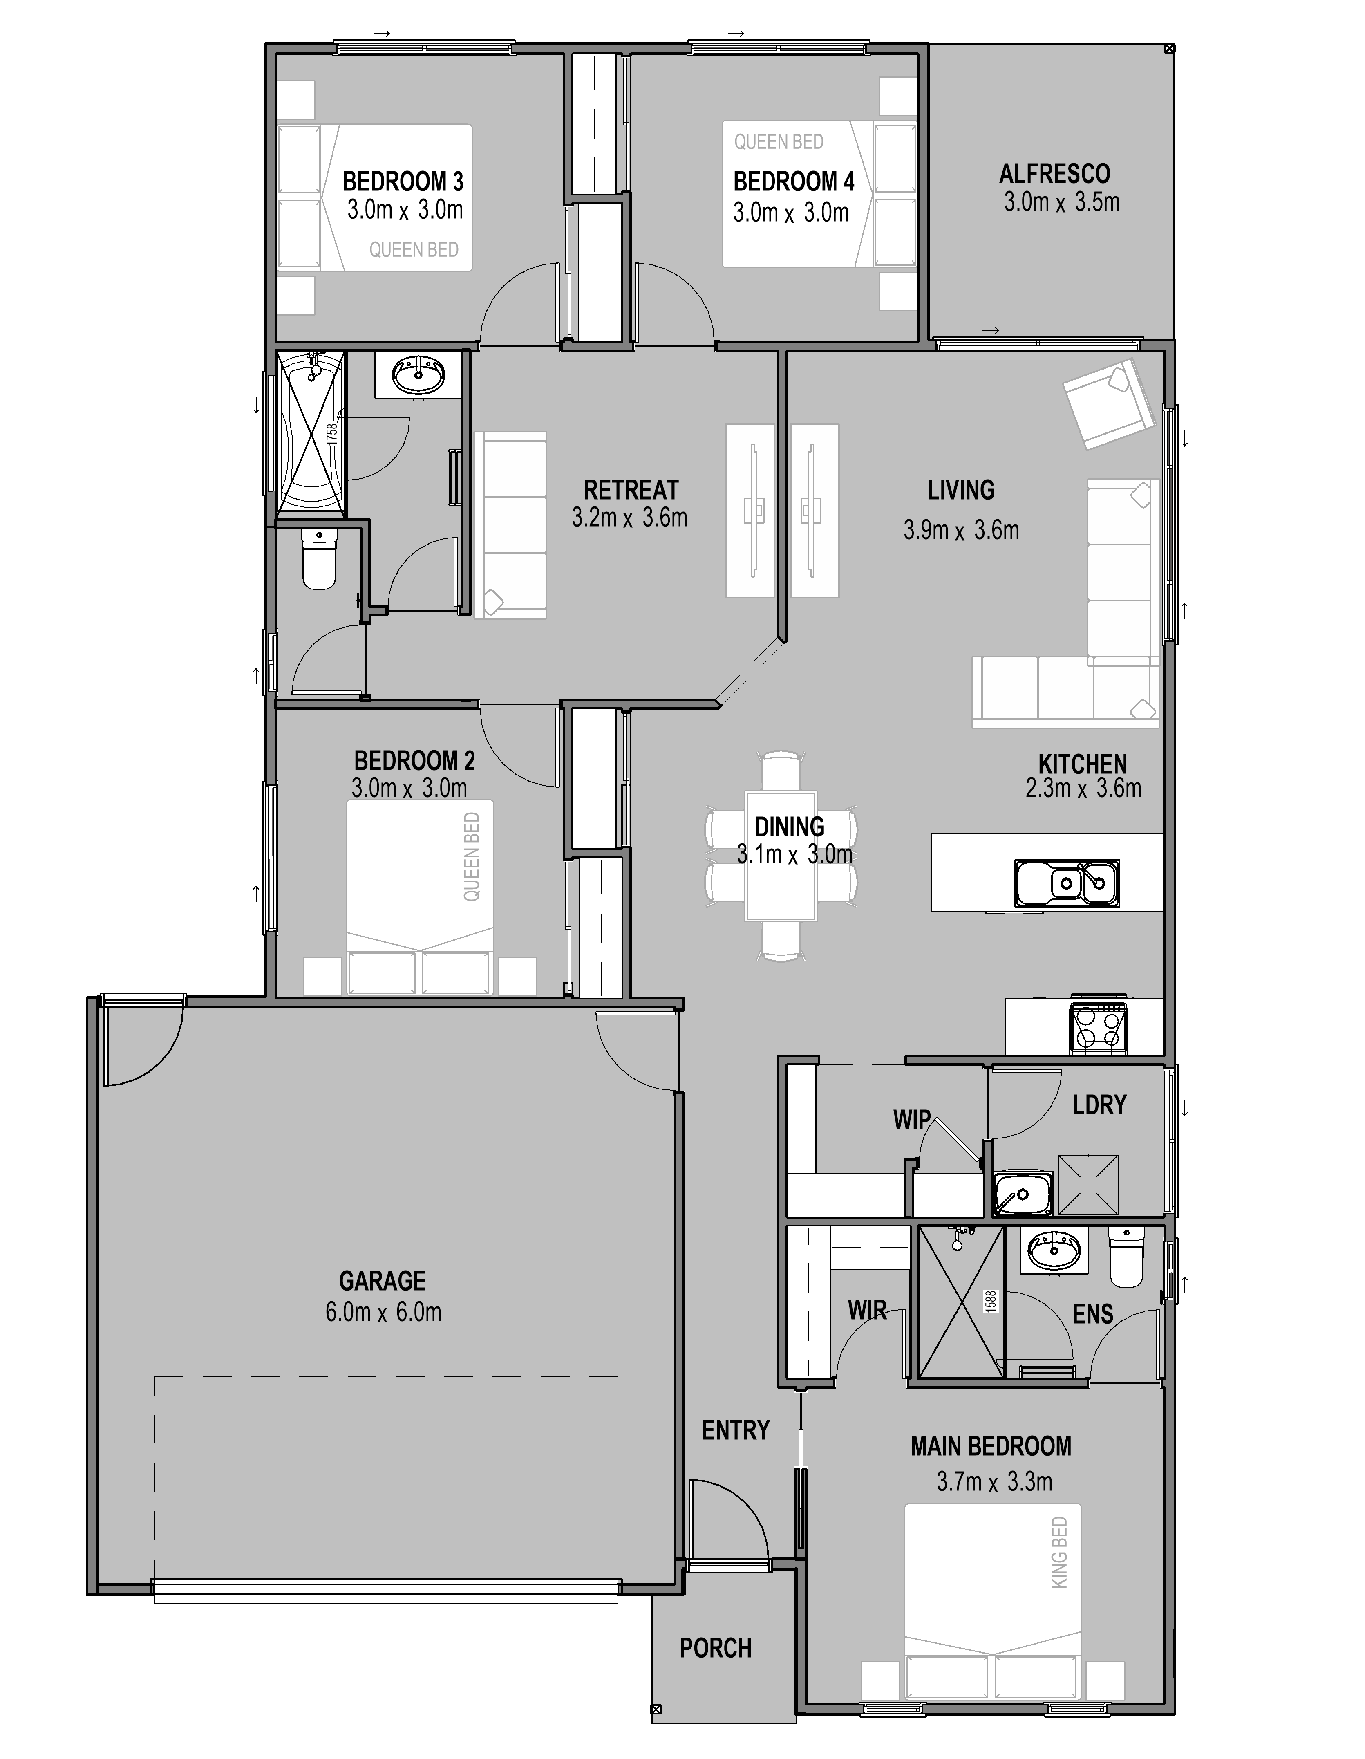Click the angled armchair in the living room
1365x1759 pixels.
(1105, 403)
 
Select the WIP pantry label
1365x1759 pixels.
(911, 1120)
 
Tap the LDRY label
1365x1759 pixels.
(1099, 1104)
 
